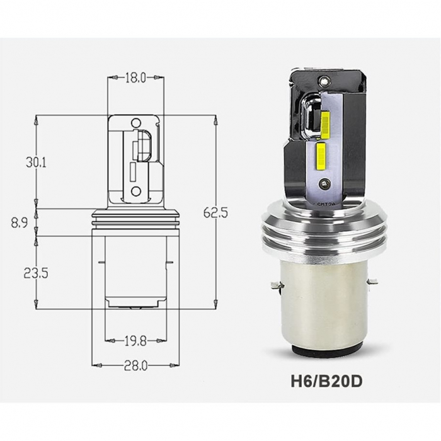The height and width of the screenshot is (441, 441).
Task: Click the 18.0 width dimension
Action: (135, 77)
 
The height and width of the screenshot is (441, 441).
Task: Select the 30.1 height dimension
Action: (37, 162)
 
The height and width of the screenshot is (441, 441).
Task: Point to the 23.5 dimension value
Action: (37, 273)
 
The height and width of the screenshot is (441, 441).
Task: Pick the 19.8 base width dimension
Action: (135, 341)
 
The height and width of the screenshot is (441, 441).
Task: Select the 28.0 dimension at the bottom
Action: (135, 365)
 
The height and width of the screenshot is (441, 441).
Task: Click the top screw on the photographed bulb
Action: (324, 81)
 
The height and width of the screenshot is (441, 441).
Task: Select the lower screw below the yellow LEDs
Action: (324, 183)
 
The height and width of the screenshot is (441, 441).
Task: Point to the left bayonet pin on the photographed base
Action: (275, 286)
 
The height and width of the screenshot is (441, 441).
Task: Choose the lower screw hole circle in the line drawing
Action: (135, 191)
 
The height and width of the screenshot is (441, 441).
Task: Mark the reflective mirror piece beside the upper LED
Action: (309, 117)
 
